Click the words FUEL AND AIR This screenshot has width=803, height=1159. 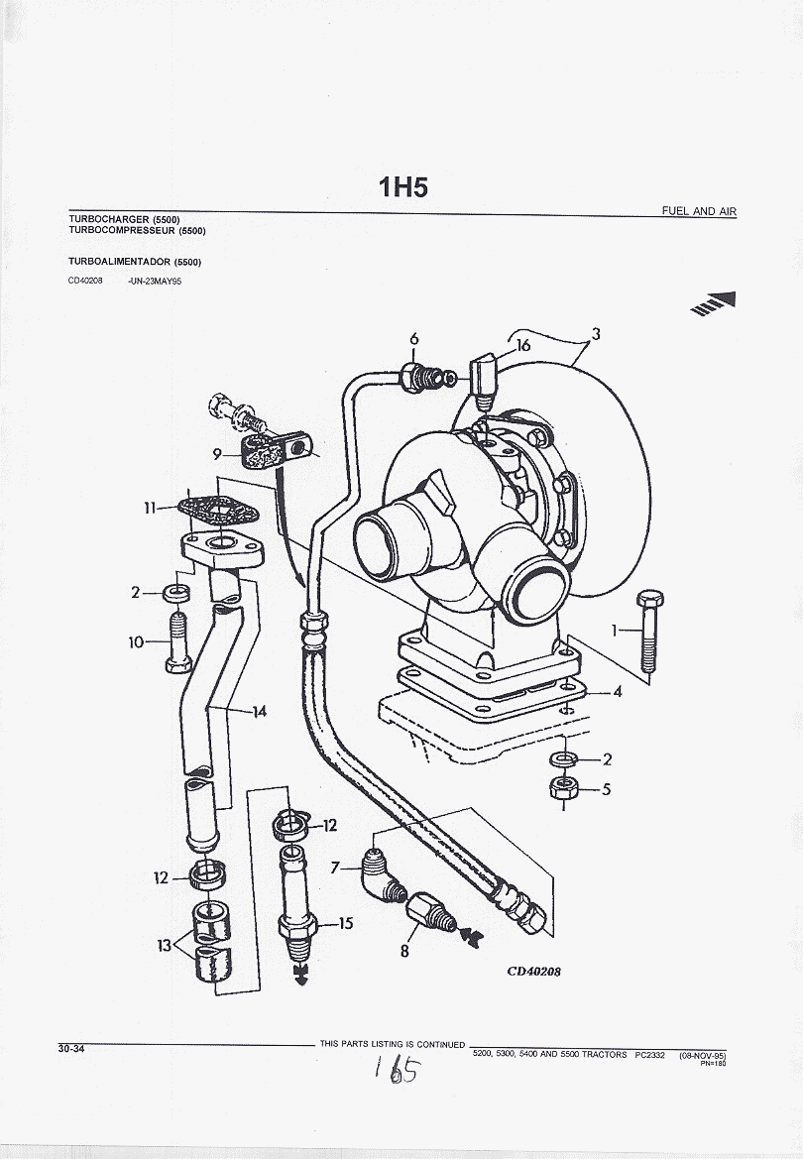[x=699, y=211]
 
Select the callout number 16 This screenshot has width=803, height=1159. [x=522, y=345]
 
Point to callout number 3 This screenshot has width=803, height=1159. [x=596, y=334]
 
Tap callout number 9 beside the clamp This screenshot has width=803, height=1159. [x=217, y=454]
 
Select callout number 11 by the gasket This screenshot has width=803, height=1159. [x=150, y=508]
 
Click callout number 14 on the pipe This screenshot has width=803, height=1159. [x=260, y=711]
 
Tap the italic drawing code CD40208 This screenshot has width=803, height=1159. [x=533, y=971]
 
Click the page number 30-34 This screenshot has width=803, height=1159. [x=70, y=1049]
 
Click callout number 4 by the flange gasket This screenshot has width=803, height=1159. [x=617, y=691]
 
